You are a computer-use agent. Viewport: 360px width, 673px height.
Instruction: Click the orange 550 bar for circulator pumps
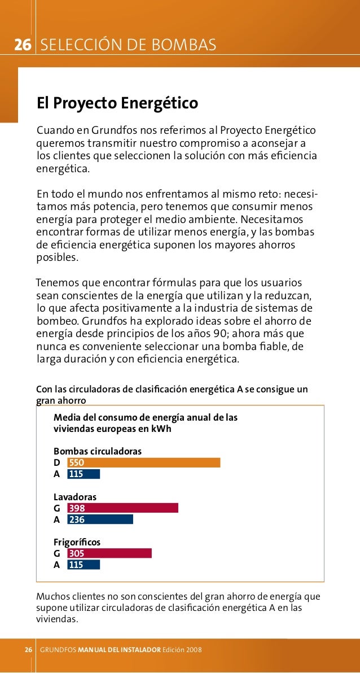(x=143, y=462)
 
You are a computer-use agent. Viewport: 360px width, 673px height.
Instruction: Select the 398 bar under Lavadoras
(x=122, y=508)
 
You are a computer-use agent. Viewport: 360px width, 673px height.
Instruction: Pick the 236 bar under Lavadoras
(x=100, y=519)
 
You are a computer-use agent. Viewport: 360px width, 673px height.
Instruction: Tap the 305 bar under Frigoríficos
(x=109, y=553)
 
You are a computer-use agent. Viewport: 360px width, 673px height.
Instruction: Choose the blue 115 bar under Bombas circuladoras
(x=84, y=474)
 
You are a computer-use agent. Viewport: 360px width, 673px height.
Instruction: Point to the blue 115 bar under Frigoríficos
(x=84, y=565)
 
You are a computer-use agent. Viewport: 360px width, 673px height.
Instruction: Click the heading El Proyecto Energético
(x=117, y=104)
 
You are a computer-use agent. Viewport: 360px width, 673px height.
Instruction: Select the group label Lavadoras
(x=74, y=497)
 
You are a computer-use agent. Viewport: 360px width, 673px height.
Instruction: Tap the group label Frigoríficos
(x=77, y=542)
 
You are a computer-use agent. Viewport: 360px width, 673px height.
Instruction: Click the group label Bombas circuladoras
(x=97, y=451)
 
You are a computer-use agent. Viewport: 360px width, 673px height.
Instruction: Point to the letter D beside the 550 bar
(x=56, y=463)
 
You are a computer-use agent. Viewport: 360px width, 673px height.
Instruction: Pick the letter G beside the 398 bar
(x=56, y=508)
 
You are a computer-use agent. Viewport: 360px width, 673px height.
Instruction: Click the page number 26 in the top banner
(x=22, y=45)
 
